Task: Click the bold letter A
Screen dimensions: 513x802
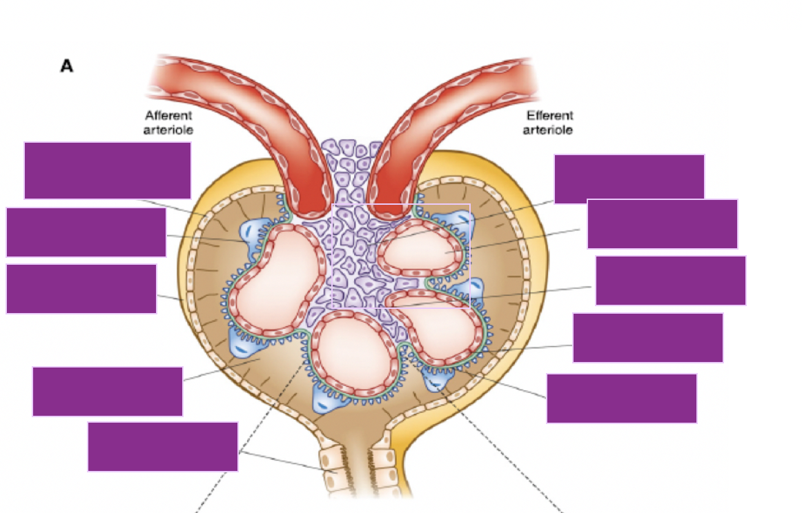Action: [x=67, y=66]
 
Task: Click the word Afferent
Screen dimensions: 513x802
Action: [x=168, y=116]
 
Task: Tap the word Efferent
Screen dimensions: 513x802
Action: [x=549, y=116]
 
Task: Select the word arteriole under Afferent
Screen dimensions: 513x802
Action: [x=168, y=129]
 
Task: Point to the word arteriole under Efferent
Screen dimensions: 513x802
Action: [x=548, y=129]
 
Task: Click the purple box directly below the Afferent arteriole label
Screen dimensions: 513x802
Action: [x=108, y=170]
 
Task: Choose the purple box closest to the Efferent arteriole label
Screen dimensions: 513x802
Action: [x=629, y=179]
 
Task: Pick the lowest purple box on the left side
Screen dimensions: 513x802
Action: [x=163, y=446]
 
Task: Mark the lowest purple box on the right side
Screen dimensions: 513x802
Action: [x=621, y=398]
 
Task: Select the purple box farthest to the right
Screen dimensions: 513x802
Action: [x=670, y=280]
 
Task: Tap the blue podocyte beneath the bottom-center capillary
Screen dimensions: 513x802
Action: [x=331, y=399]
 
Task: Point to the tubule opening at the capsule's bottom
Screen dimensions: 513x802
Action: [x=356, y=469]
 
